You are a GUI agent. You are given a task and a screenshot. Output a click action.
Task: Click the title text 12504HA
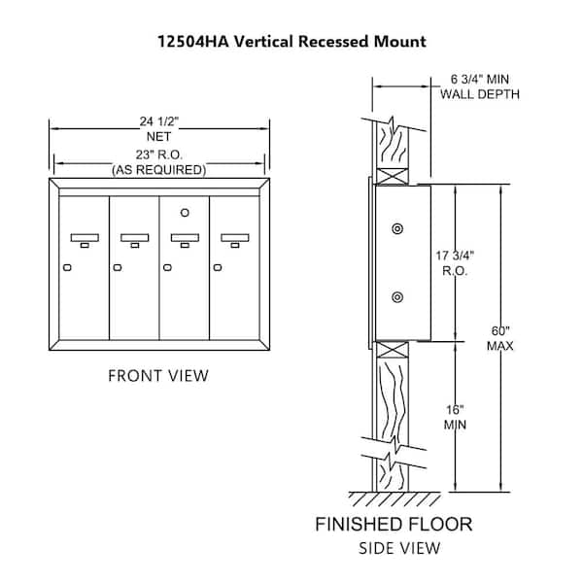coord(193,41)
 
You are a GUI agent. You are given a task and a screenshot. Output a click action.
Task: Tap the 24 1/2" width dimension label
coord(159,121)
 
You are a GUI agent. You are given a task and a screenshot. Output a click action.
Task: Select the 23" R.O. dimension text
coord(158,154)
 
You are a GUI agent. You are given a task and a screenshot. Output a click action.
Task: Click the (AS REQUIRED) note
coord(159,170)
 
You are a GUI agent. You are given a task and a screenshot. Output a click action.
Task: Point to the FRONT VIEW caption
coord(158,375)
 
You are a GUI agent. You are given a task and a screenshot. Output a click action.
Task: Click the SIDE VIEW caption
coord(399,548)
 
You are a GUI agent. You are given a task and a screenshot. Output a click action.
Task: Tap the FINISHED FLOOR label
coord(394,525)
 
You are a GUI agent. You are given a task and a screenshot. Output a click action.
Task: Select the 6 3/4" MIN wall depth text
coord(480,80)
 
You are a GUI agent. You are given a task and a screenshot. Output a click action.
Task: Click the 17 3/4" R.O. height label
coord(455,263)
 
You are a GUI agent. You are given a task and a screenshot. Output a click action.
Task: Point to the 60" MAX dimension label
coord(500,338)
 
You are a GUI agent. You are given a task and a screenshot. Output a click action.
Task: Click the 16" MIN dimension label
coord(455,417)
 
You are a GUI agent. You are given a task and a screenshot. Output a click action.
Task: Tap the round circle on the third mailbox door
coord(185,213)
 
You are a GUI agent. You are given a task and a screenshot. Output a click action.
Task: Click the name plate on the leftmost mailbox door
coord(85,238)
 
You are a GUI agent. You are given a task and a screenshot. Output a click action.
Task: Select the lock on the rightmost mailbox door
coord(218,268)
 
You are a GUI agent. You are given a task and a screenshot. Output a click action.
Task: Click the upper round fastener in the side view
coord(397,228)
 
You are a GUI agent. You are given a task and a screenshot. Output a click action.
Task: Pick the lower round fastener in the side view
coord(397,297)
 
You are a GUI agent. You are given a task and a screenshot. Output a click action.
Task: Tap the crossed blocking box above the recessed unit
coord(393,176)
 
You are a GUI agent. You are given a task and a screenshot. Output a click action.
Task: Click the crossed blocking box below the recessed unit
coord(393,350)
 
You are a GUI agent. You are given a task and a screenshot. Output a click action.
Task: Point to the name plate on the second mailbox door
coord(135,238)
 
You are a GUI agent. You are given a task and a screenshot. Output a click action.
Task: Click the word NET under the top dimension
coord(158,137)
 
